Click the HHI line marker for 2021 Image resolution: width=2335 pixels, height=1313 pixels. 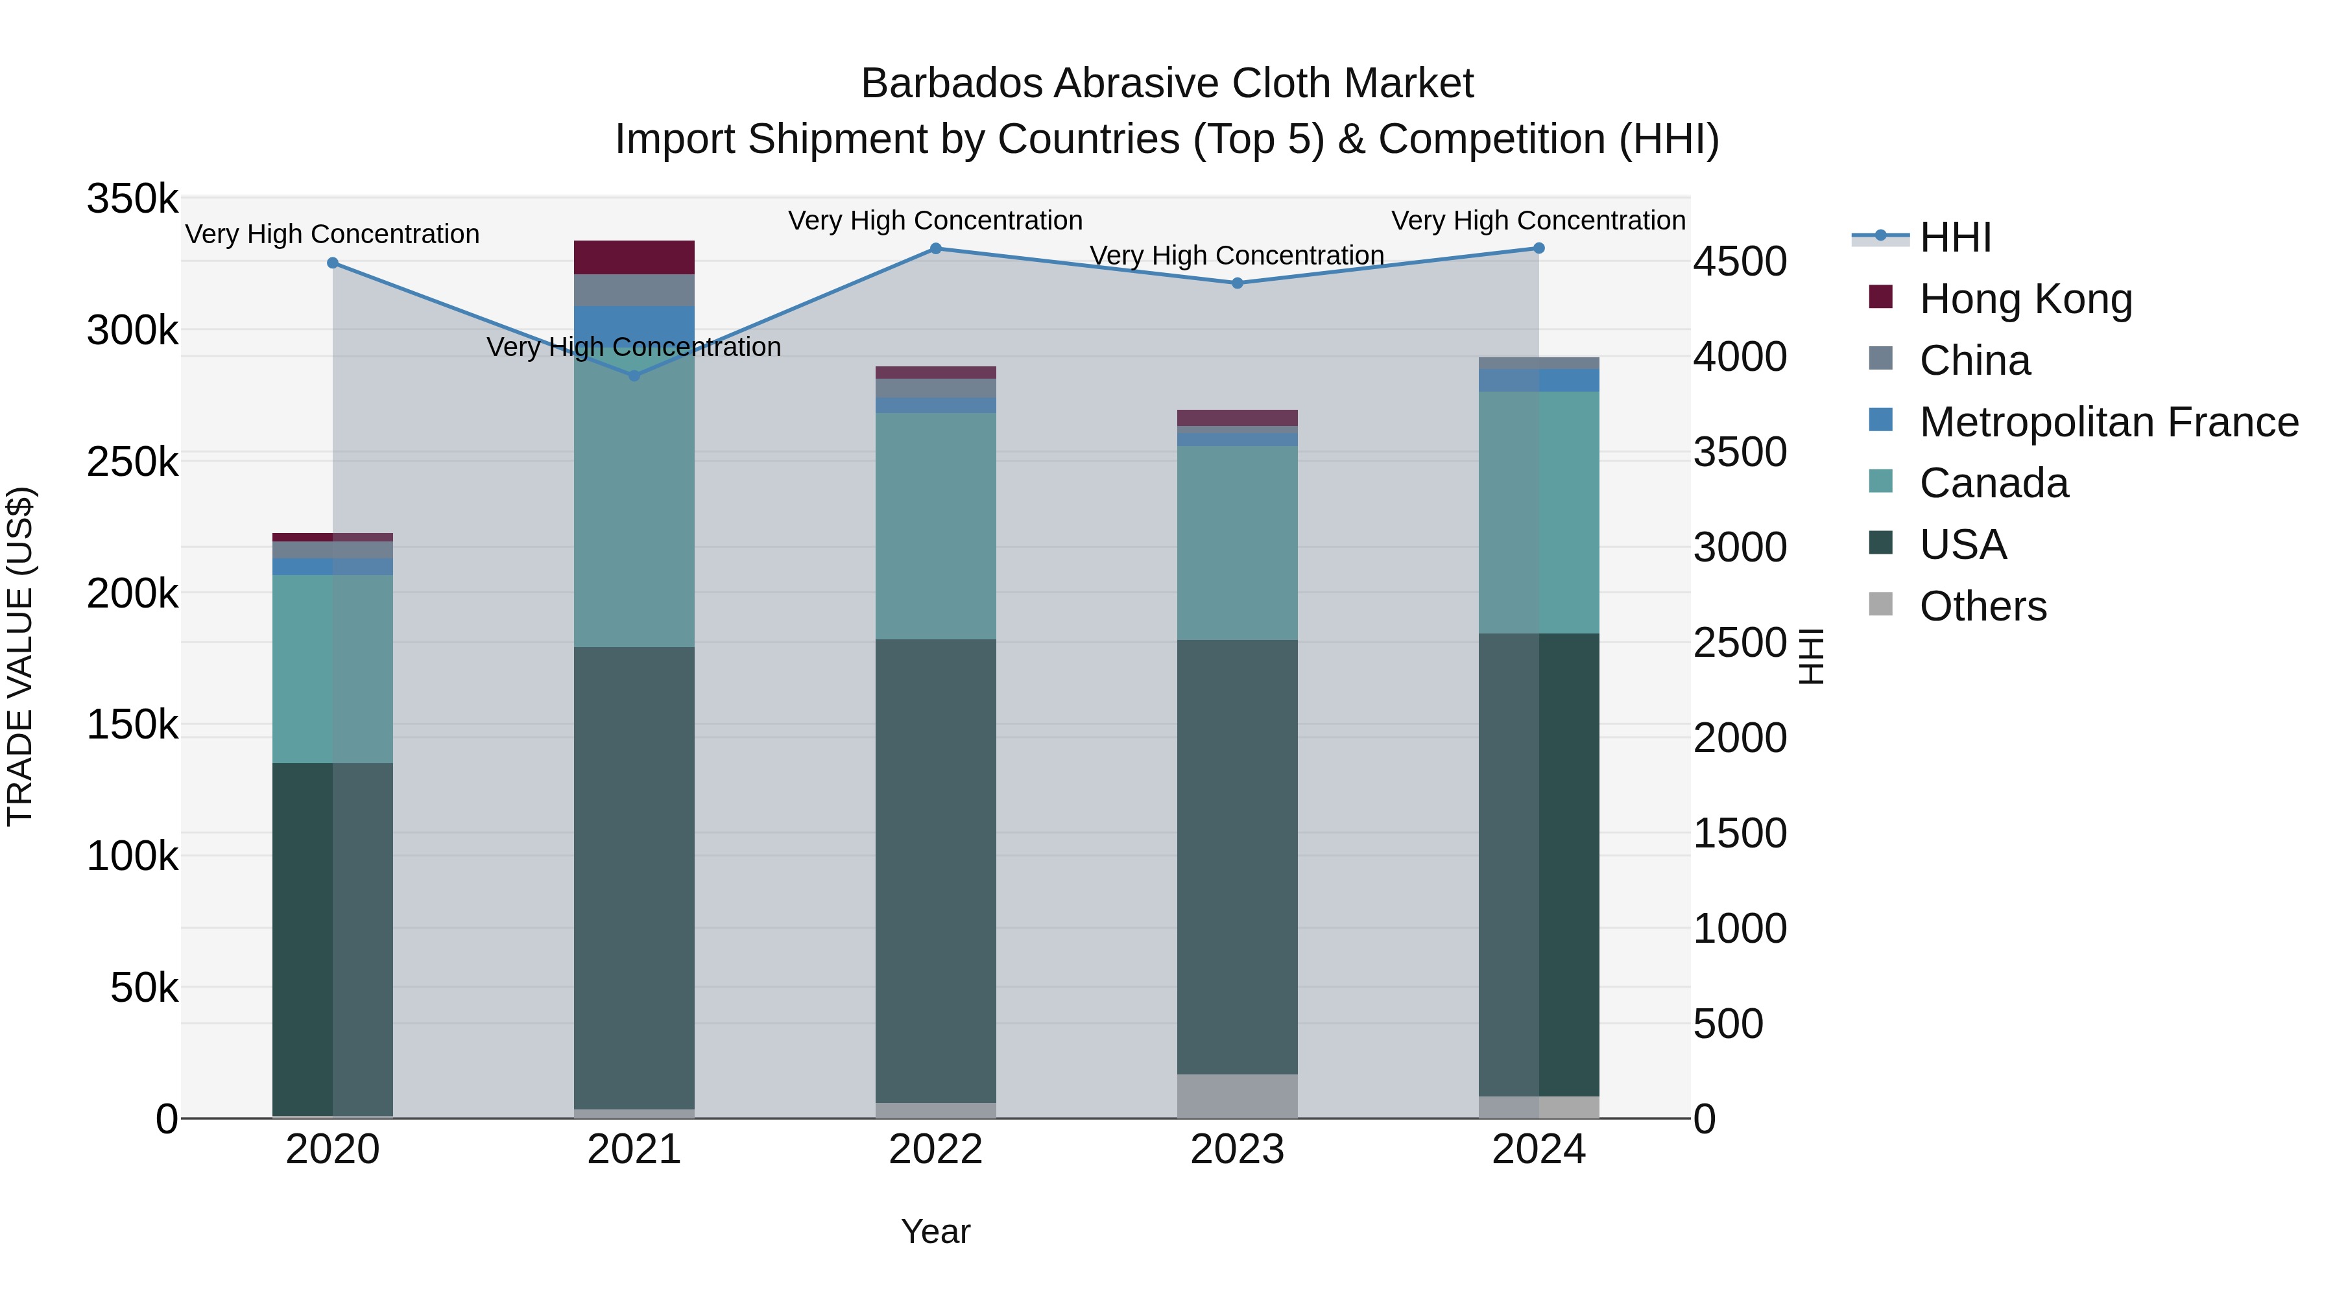pyautogui.click(x=634, y=375)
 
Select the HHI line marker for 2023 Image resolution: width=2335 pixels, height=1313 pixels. pyautogui.click(x=1238, y=283)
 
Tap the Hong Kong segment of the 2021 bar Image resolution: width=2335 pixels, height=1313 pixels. pyautogui.click(x=634, y=257)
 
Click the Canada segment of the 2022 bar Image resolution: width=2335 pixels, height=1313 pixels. pyautogui.click(x=935, y=526)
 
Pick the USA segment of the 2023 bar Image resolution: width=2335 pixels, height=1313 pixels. pyautogui.click(x=1238, y=857)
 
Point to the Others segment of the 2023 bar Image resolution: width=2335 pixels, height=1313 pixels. pyautogui.click(x=1238, y=1096)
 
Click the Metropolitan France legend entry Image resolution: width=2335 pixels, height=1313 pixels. pyautogui.click(x=2109, y=422)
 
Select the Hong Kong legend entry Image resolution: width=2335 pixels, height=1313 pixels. pyautogui.click(x=2025, y=299)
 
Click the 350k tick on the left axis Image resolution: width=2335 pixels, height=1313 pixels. pyautogui.click(x=132, y=198)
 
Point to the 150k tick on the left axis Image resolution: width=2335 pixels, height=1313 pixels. pyautogui.click(x=132, y=725)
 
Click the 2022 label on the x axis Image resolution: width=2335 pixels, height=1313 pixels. pyautogui.click(x=935, y=1150)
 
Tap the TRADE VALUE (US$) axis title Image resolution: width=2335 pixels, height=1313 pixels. pyautogui.click(x=20, y=656)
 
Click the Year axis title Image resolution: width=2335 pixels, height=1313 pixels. pyautogui.click(x=935, y=1231)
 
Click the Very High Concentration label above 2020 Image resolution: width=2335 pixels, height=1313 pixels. pyautogui.click(x=331, y=234)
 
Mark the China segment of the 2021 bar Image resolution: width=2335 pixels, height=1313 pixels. pyautogui.click(x=634, y=290)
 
